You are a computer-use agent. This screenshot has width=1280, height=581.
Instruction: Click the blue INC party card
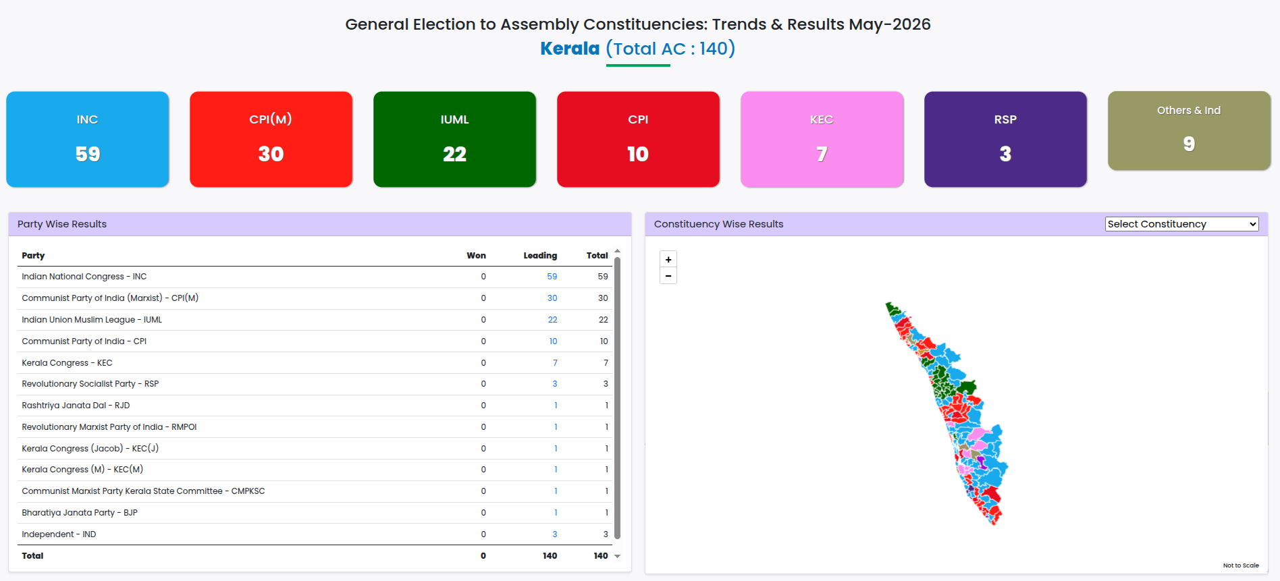tap(88, 139)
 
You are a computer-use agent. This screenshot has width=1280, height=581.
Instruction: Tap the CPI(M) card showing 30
tap(271, 139)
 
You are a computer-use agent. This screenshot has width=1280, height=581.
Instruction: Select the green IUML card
tap(455, 139)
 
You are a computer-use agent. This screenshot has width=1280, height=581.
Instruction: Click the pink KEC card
tap(822, 139)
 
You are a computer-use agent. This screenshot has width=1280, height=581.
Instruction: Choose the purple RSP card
tap(1006, 139)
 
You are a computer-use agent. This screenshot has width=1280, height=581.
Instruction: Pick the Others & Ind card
tap(1190, 130)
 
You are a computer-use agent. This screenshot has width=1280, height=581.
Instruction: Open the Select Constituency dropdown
tap(1182, 224)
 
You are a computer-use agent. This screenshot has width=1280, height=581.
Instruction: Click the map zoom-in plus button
tap(668, 259)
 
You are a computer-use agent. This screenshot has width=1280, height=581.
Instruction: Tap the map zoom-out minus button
tap(668, 276)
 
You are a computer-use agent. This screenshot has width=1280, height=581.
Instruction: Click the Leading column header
tap(540, 256)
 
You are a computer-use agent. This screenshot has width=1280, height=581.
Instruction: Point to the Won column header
tap(476, 256)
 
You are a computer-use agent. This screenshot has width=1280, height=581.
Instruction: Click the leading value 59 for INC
tap(552, 277)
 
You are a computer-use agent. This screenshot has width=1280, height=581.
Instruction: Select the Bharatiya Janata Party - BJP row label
tap(80, 513)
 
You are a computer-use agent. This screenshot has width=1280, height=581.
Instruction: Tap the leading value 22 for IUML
tap(552, 320)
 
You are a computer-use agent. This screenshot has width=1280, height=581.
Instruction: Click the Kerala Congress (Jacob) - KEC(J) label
tap(90, 449)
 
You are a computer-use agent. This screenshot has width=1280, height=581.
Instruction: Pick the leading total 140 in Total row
tap(550, 556)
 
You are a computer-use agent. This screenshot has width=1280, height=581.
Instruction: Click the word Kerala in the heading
tap(570, 49)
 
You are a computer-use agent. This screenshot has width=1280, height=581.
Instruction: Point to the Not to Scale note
tap(1241, 565)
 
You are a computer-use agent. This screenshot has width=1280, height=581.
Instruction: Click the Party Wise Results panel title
tap(62, 224)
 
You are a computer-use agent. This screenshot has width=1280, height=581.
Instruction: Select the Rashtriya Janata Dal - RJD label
tap(76, 406)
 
